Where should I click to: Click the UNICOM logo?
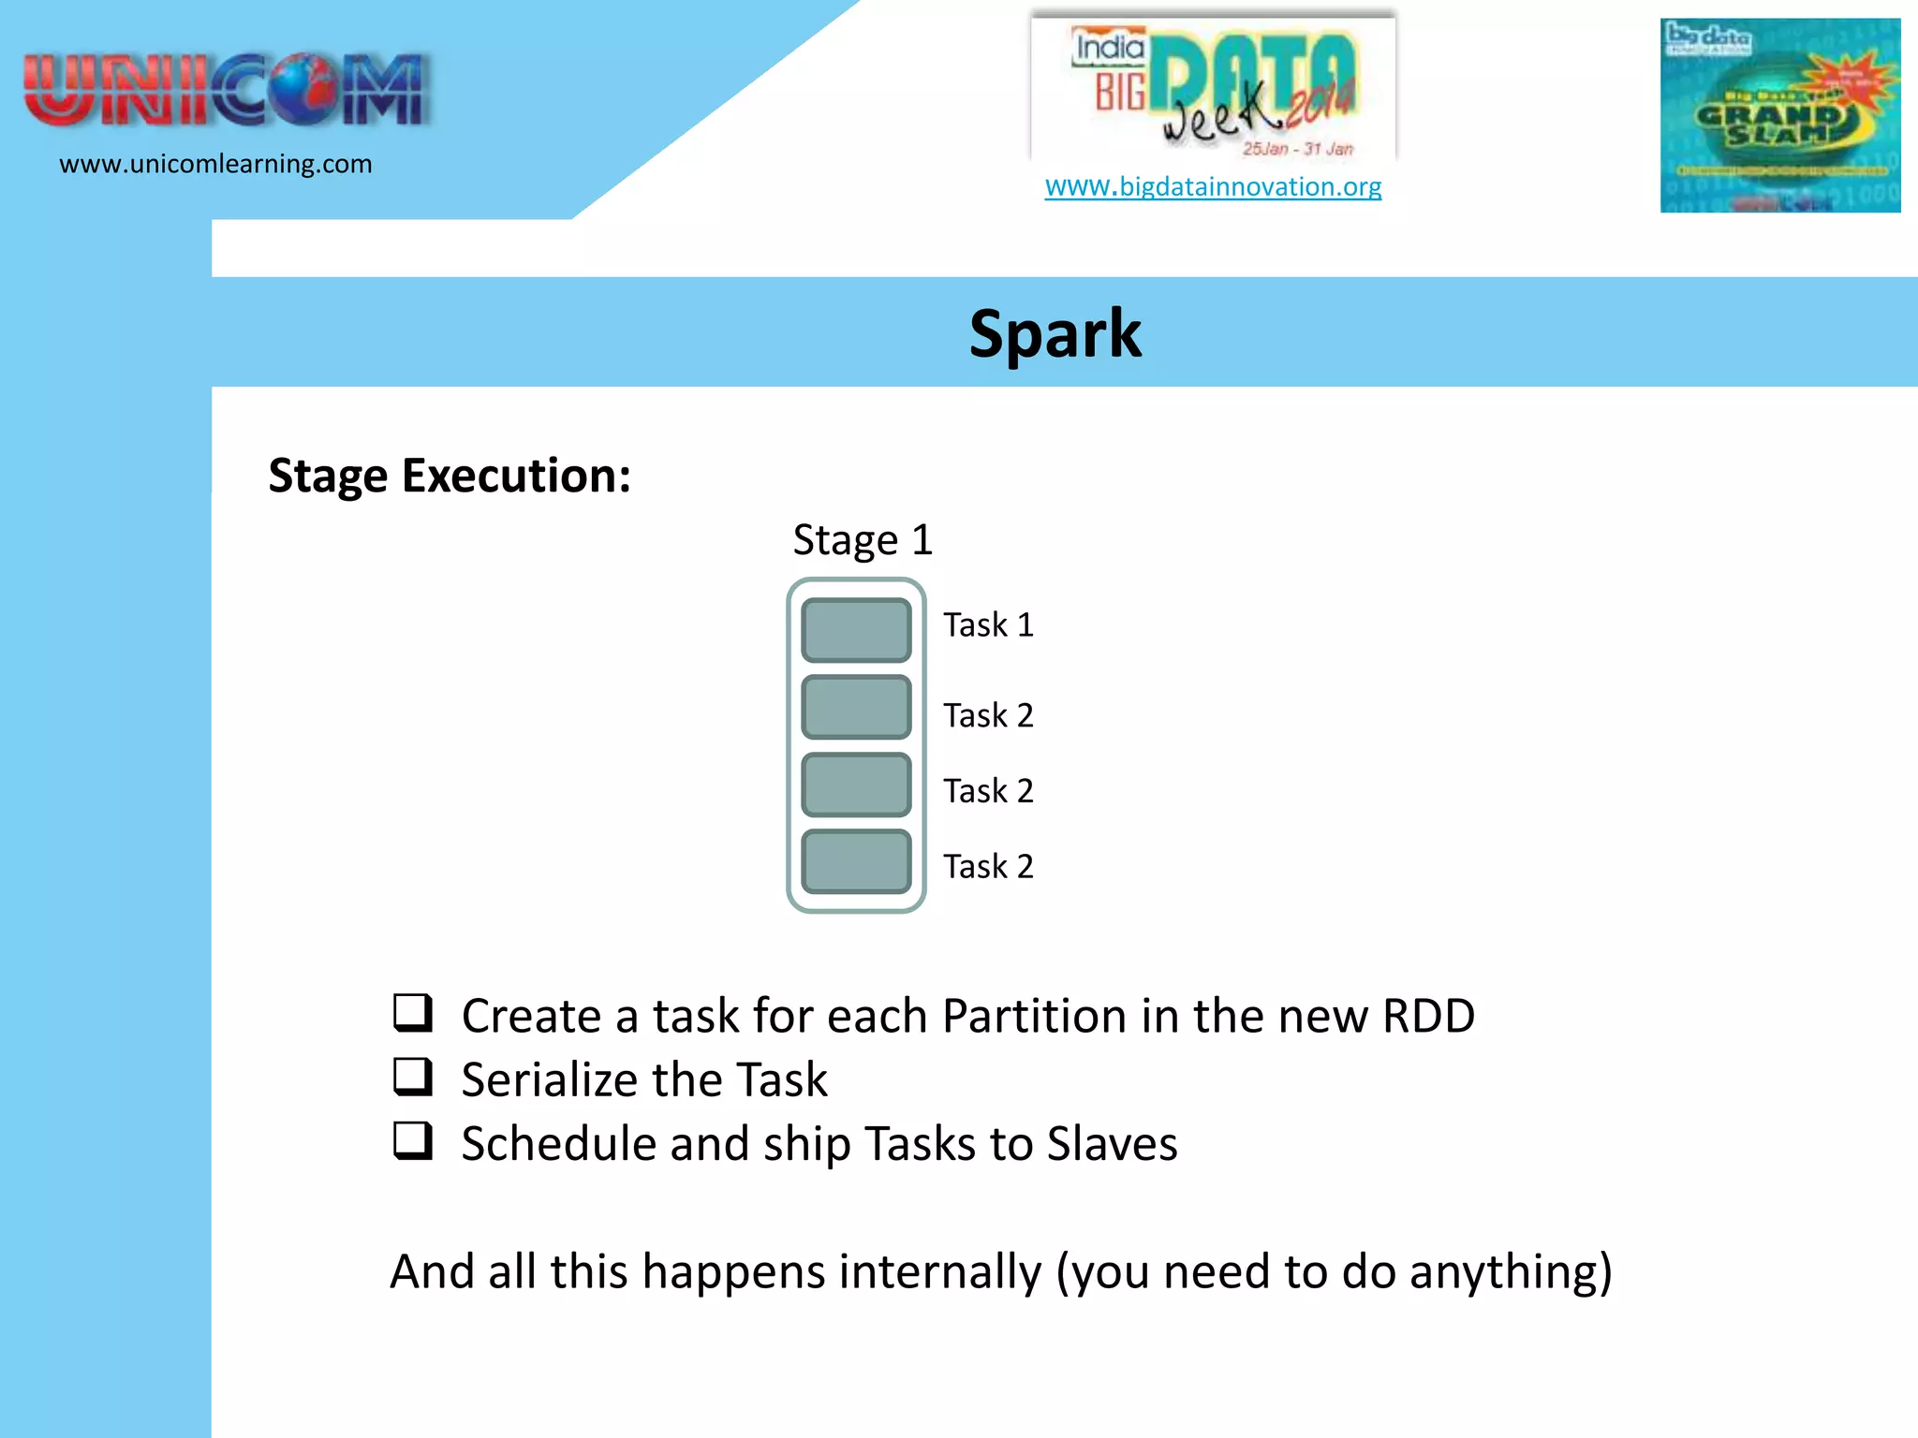(228, 90)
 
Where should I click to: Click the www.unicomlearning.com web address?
(215, 165)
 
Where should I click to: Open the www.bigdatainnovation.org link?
(1213, 186)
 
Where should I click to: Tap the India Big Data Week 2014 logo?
(1213, 89)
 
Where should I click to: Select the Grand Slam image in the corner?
(1779, 115)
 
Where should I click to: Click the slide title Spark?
(1055, 334)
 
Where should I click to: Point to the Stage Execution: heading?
(450, 476)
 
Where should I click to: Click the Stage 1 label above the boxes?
(863, 540)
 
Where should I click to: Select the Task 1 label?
(988, 625)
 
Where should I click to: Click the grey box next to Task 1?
(856, 630)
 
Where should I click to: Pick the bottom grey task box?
(856, 861)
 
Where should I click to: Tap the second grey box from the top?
(856, 707)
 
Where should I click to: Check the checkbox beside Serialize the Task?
(412, 1077)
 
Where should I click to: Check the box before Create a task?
(412, 1013)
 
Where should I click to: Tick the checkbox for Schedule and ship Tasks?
(412, 1140)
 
